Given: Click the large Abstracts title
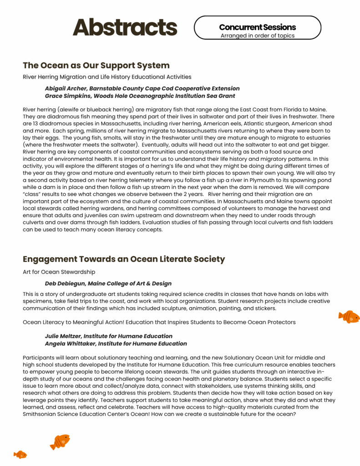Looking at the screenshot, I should pos(125,27).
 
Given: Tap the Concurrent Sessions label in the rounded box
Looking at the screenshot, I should pos(257,27).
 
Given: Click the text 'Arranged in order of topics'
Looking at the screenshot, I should pos(257,35).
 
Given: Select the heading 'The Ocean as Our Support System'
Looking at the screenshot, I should pos(96,65).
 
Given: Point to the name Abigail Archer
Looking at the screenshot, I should pos(66,88).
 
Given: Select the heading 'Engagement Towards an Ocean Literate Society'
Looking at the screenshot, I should pos(124,259).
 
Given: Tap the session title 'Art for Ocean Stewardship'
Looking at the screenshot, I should pos(59,272).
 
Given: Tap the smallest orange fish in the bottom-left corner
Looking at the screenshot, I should pos(20,454).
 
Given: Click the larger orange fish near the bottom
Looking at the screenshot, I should pos(60,441).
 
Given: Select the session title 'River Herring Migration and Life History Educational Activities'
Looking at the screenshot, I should pos(107,77).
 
